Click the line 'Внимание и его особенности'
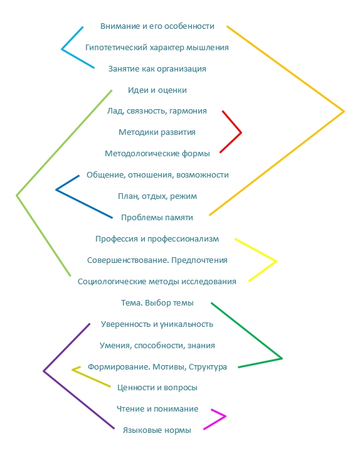(x=157, y=26)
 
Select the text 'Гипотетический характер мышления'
(x=157, y=48)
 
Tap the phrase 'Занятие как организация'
(x=157, y=69)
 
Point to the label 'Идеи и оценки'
(x=157, y=90)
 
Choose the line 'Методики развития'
(x=157, y=132)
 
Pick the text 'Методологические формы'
(x=157, y=154)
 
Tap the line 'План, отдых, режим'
(x=157, y=196)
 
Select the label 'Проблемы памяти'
(x=157, y=218)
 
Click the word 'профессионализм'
(x=183, y=239)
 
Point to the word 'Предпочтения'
(x=199, y=260)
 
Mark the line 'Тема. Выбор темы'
(x=157, y=303)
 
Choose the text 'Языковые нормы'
(x=157, y=430)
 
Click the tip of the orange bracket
(x=344, y=111)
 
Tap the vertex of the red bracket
(x=241, y=132)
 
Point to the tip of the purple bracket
(x=44, y=371)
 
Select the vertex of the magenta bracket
(x=225, y=416)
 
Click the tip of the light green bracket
(x=17, y=195)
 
